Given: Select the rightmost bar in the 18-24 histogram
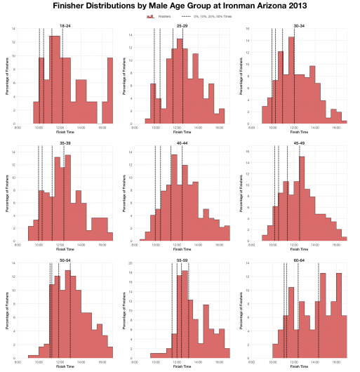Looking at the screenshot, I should pos(110,91).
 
